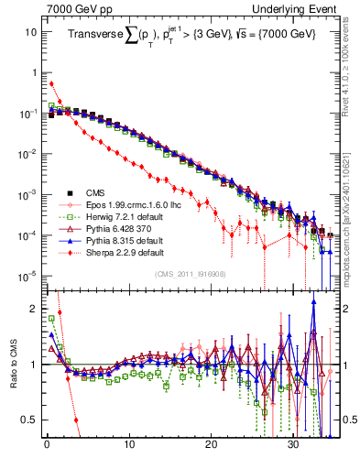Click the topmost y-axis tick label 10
point(29,32)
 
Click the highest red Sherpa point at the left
point(50,83)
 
